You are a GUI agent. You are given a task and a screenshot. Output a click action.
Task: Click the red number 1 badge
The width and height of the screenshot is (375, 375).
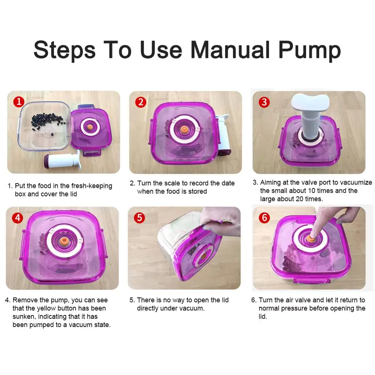(x=19, y=102)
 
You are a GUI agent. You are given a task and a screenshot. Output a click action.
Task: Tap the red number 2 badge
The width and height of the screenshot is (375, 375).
(x=141, y=102)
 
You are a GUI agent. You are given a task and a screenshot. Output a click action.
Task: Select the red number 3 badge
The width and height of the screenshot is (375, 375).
(x=264, y=102)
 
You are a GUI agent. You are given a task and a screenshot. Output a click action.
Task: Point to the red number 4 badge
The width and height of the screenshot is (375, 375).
(x=18, y=218)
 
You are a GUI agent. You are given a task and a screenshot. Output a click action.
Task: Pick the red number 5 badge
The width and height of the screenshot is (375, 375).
(x=139, y=218)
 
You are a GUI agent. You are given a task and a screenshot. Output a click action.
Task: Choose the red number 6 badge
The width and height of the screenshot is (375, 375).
(x=264, y=218)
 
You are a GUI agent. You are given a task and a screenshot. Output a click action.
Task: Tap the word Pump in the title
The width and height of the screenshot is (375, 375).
(x=309, y=51)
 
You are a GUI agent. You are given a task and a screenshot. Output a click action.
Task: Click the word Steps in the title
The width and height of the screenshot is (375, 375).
(x=64, y=51)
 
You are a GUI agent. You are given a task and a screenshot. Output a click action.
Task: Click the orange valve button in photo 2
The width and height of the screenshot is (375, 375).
(x=184, y=129)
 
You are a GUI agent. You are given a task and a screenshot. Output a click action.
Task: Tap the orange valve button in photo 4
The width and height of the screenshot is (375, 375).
(x=63, y=240)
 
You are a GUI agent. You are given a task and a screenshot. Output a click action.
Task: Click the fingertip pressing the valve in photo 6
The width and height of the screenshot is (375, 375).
(x=313, y=235)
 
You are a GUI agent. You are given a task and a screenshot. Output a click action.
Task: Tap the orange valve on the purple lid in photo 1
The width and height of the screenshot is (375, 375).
(x=90, y=126)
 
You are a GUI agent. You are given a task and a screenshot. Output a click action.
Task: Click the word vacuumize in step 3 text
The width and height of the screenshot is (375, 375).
(x=356, y=183)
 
